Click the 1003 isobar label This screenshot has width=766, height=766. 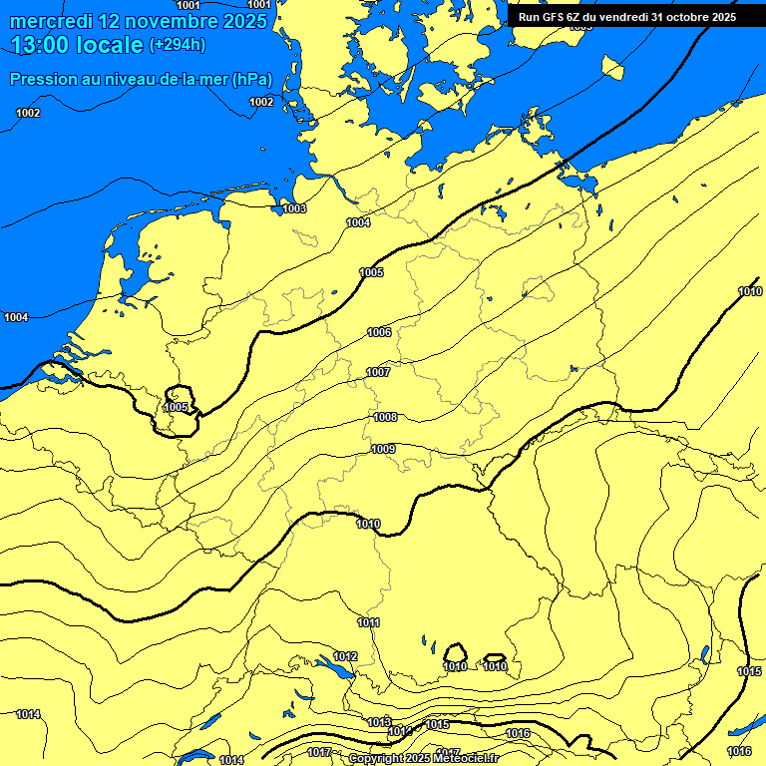tap(294, 208)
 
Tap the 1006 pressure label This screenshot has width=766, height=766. tap(379, 332)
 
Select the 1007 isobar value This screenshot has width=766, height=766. tap(378, 372)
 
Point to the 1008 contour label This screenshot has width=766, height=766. tap(385, 417)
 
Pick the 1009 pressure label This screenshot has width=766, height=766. tap(383, 449)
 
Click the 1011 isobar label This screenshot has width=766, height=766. tap(369, 622)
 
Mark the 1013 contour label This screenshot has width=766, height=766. tap(379, 721)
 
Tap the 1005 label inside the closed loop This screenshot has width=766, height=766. tap(177, 407)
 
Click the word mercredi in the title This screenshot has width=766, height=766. tap(51, 21)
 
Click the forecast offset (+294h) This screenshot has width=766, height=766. tap(178, 45)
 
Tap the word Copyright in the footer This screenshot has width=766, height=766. tap(375, 759)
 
